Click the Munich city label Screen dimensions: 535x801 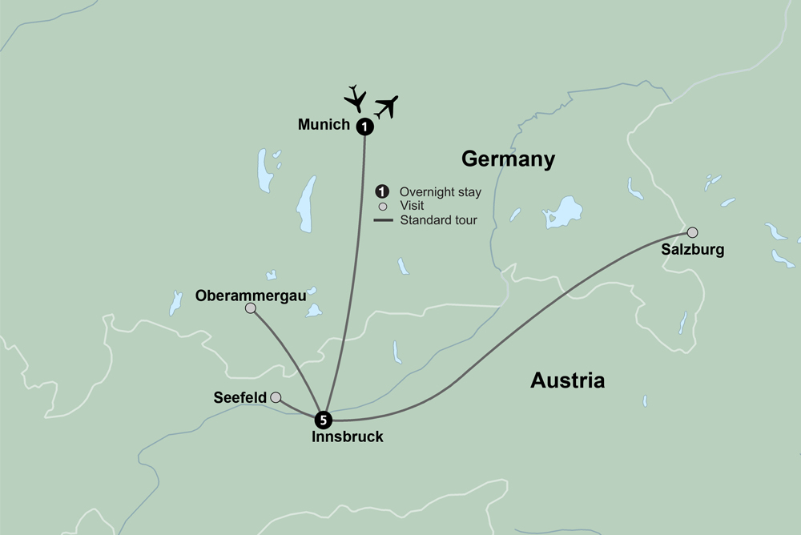point(324,125)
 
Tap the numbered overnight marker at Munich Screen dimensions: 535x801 point(364,126)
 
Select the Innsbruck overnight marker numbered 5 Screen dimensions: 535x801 point(322,419)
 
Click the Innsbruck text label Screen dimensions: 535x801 point(347,437)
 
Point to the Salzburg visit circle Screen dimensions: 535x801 point(692,233)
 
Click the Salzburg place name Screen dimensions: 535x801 point(692,250)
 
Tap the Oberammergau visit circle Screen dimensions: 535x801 point(251,308)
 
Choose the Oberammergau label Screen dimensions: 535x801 point(252,295)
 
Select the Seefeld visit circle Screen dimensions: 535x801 point(276,397)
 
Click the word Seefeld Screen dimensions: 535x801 point(240,397)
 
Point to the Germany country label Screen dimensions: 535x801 point(508,159)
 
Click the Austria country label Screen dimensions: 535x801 point(567,380)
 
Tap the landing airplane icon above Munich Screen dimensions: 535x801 point(355,98)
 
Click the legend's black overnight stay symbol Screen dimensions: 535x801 point(383,191)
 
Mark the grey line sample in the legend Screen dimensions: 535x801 point(383,219)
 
